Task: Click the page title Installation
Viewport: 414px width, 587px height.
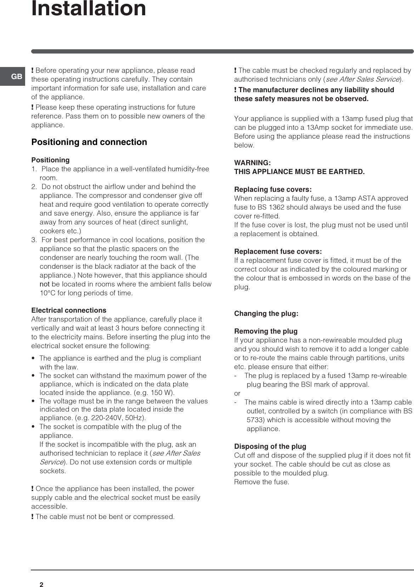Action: (x=89, y=9)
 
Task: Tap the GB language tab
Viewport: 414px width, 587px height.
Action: (x=16, y=77)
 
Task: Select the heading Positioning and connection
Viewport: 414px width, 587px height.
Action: (x=89, y=142)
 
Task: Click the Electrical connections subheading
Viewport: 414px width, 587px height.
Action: (x=69, y=311)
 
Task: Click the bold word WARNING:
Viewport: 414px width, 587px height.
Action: (x=253, y=163)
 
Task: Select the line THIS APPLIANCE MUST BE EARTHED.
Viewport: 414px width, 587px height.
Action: (x=299, y=172)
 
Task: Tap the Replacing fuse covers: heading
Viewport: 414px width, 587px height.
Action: (x=273, y=190)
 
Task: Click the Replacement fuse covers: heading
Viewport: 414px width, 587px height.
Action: (x=278, y=252)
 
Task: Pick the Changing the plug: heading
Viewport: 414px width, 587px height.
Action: (x=266, y=314)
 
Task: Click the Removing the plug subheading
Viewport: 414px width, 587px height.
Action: (x=266, y=331)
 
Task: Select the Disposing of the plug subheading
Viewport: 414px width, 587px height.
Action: (x=270, y=447)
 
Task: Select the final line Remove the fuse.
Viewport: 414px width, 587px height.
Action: (x=262, y=482)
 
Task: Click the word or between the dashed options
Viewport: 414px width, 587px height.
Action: (x=237, y=393)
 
